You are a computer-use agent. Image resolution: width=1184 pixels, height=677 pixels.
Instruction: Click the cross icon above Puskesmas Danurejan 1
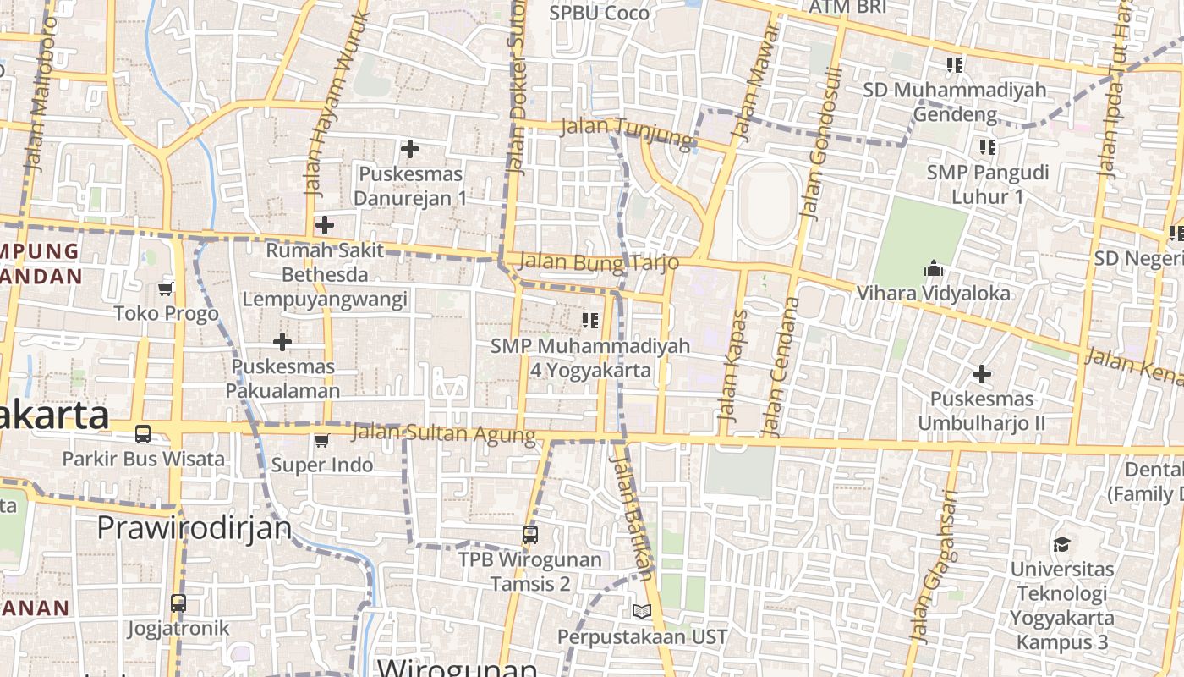click(x=410, y=150)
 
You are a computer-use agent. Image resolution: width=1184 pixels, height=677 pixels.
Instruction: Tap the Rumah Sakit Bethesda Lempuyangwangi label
click(x=325, y=275)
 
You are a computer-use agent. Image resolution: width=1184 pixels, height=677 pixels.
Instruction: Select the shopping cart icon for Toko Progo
click(x=166, y=289)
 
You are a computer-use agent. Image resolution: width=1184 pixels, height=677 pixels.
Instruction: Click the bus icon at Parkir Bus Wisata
click(x=143, y=434)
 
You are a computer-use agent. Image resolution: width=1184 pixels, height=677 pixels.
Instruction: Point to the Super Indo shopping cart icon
click(x=321, y=440)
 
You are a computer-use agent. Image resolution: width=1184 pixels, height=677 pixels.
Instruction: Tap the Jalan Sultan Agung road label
click(x=443, y=433)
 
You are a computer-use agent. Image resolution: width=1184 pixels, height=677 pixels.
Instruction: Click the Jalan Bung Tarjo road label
click(x=599, y=261)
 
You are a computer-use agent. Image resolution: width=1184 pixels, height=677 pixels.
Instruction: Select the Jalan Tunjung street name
click(x=627, y=129)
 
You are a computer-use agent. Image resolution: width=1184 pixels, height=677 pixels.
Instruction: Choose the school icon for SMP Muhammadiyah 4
click(x=590, y=320)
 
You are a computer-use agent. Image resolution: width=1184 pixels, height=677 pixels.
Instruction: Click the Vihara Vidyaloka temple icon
click(x=934, y=269)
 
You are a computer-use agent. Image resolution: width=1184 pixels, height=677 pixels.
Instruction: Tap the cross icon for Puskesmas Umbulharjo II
click(x=981, y=373)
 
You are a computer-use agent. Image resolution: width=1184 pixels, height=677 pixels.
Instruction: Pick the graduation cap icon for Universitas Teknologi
click(x=1061, y=544)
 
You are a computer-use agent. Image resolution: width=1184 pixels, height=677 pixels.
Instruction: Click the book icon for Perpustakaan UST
click(x=642, y=611)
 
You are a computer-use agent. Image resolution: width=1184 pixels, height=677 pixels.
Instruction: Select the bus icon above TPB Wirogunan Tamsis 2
click(x=530, y=535)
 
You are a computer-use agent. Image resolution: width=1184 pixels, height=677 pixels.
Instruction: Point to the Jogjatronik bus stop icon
click(x=178, y=603)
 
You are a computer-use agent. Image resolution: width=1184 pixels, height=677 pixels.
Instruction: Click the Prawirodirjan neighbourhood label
click(x=194, y=527)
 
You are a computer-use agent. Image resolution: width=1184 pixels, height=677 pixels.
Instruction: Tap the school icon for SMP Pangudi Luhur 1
click(x=987, y=147)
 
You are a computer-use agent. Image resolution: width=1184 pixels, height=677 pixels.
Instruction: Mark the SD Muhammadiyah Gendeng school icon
click(x=955, y=64)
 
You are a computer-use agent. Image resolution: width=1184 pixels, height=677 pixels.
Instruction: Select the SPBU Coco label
click(x=599, y=13)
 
